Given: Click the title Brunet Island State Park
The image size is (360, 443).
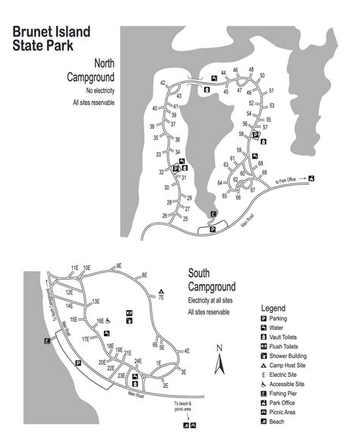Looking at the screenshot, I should coord(51,37).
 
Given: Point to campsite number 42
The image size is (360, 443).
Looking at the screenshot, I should coord(163,83).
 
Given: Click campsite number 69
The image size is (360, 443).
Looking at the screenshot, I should coord(265,172).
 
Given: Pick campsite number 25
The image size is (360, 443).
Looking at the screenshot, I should coord(185,218).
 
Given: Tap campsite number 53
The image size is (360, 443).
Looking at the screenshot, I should coord(271,106).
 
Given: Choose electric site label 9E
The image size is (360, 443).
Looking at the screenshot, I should coord(118,265).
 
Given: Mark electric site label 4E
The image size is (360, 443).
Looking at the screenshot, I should coord(187,351).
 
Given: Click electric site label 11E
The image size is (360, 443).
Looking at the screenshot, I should coord(74,267).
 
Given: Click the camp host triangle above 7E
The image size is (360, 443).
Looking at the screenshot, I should coord(161,291).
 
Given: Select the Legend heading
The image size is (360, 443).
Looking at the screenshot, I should coord(273,308).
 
